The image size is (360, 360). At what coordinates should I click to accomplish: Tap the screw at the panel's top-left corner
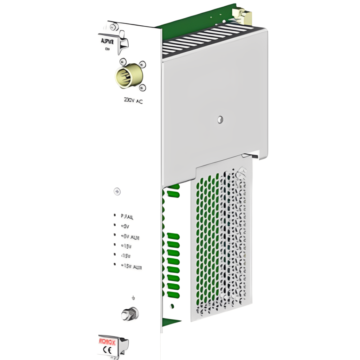[x=112, y=27]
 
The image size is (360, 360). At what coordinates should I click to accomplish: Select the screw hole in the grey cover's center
[x=220, y=120]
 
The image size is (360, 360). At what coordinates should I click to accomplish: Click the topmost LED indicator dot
[x=115, y=215]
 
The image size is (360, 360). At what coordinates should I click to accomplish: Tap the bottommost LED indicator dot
[x=115, y=264]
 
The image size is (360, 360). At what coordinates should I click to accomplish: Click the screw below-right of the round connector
[x=142, y=88]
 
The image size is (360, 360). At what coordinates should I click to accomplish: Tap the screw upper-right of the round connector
[x=142, y=64]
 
